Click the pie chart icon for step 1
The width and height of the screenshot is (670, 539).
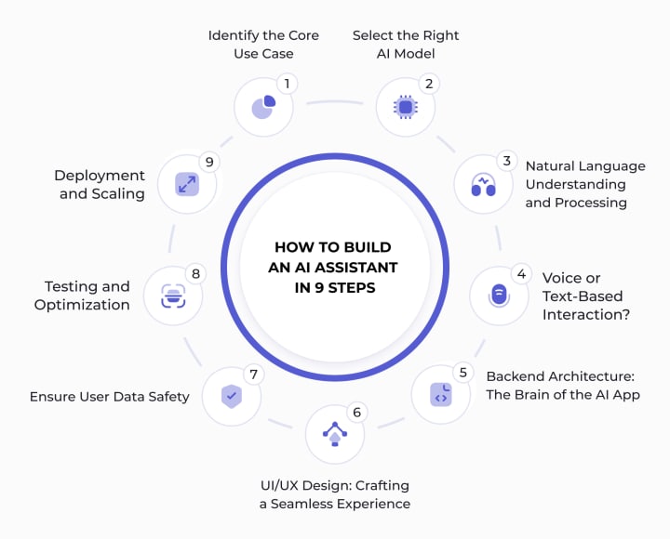[263, 107]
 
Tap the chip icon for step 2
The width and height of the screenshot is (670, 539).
[405, 107]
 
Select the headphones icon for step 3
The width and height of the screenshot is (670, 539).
[483, 183]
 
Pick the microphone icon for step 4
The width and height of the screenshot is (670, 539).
[499, 296]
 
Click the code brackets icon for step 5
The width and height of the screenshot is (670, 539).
[441, 394]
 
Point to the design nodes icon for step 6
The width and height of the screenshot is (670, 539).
[334, 433]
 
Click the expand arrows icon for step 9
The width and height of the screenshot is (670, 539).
[187, 183]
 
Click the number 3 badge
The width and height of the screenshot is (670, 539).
[507, 160]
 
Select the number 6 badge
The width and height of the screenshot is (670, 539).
[355, 411]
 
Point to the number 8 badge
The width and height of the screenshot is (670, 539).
[195, 273]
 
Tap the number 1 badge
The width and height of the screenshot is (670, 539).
[287, 84]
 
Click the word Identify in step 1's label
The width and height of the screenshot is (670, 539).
[232, 35]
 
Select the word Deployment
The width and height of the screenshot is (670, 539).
[100, 176]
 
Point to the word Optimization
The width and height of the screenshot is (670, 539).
[82, 305]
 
